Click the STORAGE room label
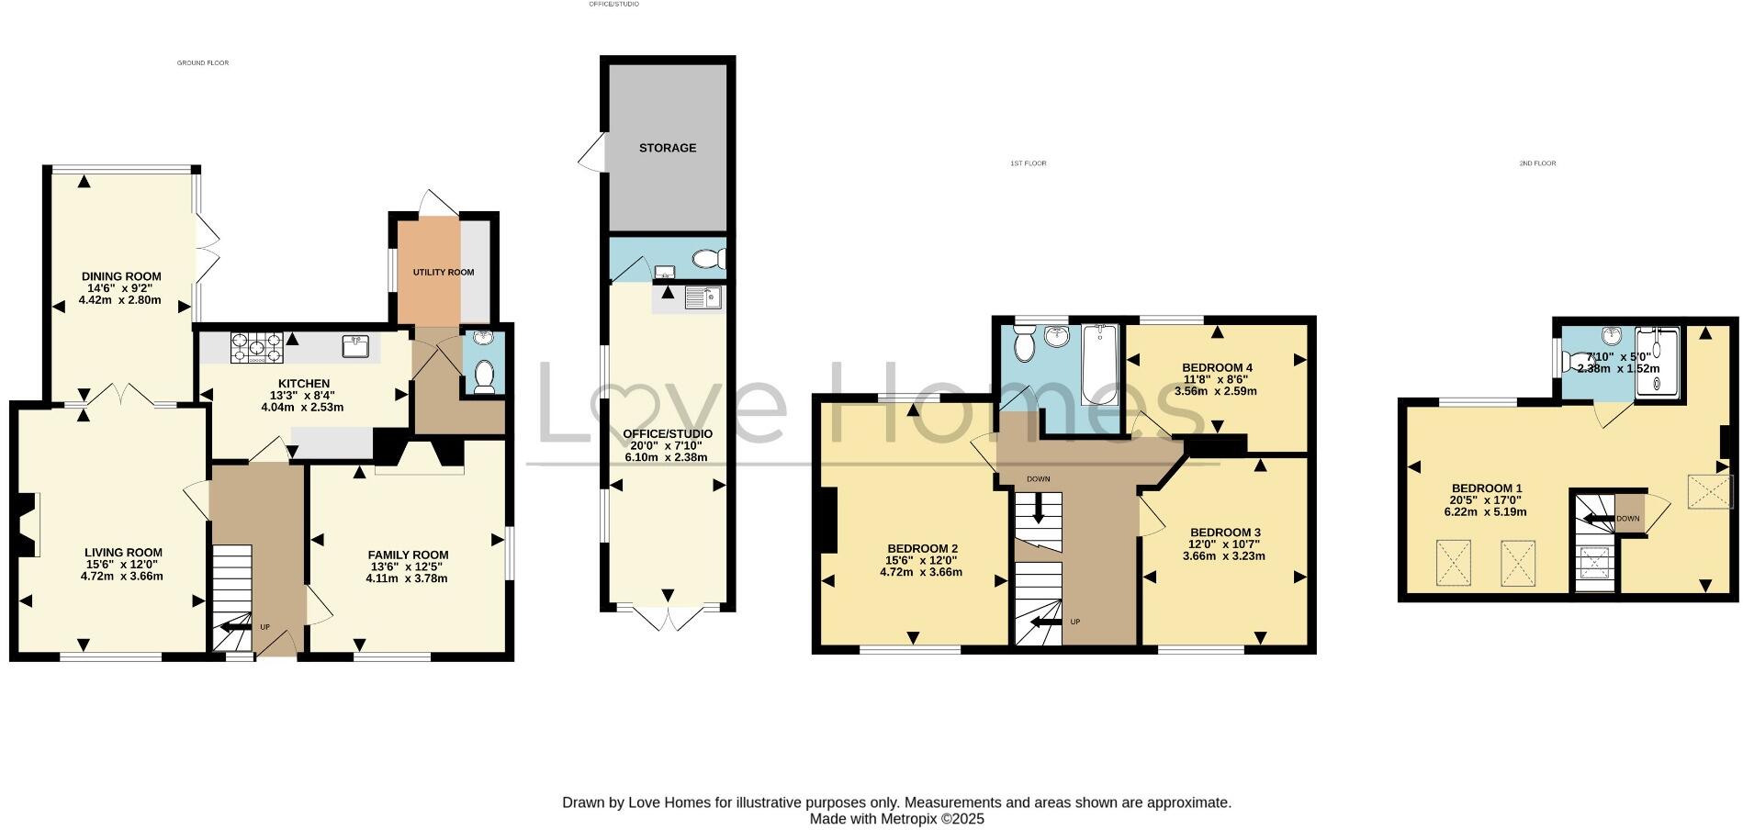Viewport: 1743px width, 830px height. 668,148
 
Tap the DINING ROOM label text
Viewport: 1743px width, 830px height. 121,276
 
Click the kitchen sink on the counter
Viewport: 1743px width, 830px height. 356,345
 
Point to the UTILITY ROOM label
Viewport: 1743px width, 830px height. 444,273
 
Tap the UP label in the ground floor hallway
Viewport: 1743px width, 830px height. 264,627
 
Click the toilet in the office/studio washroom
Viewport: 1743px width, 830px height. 708,260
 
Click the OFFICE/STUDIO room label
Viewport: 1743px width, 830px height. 668,433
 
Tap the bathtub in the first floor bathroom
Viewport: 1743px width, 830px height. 1099,364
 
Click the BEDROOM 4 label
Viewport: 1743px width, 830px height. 1217,367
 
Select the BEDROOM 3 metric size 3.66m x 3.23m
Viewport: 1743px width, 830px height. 1224,555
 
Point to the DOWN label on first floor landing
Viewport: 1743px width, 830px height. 1039,479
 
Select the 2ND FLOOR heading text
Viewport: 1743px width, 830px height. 1537,163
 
